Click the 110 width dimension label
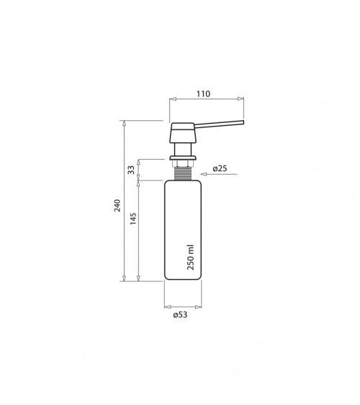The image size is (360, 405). coord(203,94)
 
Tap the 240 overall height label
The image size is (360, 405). coord(117,206)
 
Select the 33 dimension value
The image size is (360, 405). coord(131,170)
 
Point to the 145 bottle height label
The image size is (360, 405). coord(132,219)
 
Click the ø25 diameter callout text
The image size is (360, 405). coord(220,168)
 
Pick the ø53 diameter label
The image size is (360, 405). coord(181,314)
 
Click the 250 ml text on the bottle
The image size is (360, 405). coord(191,258)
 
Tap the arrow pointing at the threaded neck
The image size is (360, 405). coord(219,174)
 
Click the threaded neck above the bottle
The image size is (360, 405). coord(183,173)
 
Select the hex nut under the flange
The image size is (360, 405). coord(183,163)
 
